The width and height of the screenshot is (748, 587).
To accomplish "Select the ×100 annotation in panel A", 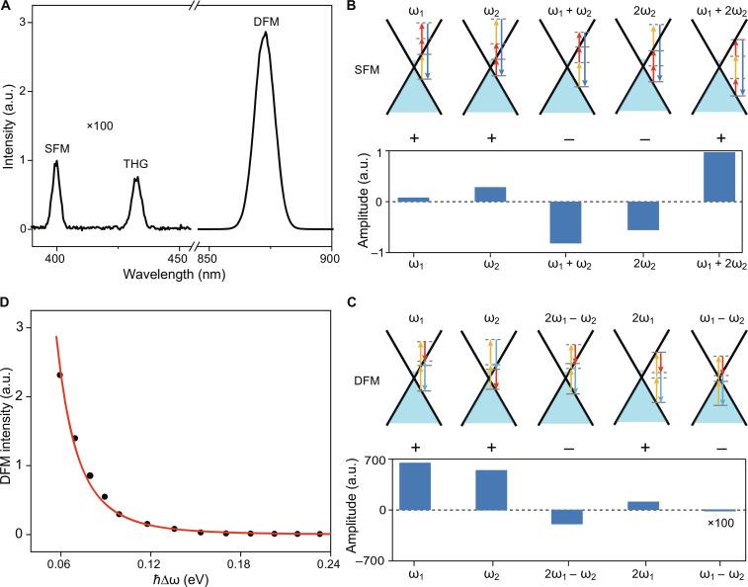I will point(101,126).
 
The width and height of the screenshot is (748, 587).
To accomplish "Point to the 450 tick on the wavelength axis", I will point(178,259).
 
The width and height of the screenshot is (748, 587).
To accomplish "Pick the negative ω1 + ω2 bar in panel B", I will point(564,221).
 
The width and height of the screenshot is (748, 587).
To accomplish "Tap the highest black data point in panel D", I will point(60,375).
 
